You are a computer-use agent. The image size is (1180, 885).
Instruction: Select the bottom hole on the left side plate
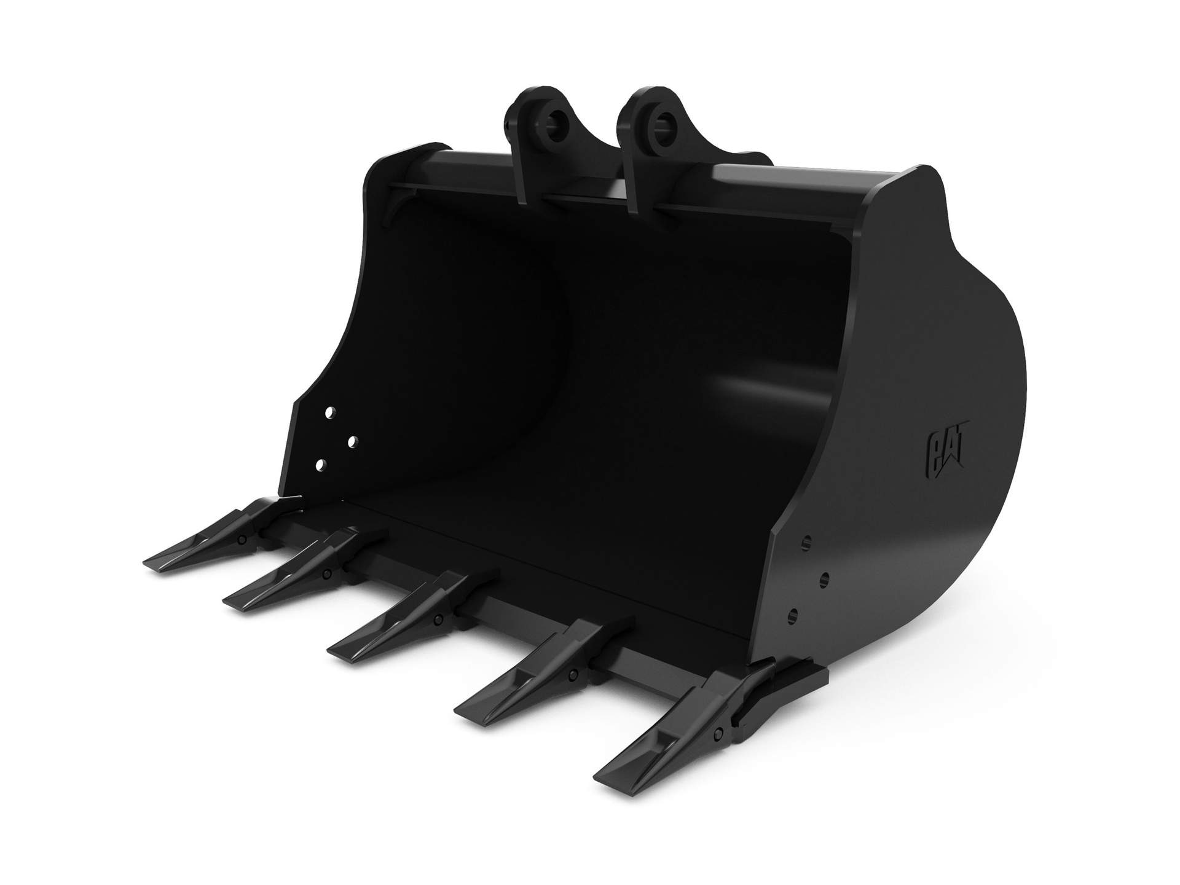click(x=319, y=465)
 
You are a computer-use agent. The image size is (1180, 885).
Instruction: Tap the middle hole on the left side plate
click(x=353, y=441)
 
